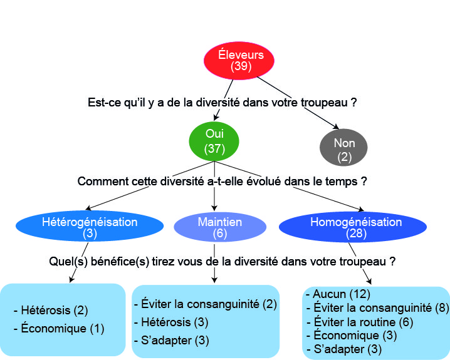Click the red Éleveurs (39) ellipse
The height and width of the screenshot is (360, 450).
pyautogui.click(x=241, y=60)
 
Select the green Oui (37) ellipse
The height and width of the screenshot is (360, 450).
pyautogui.click(x=214, y=141)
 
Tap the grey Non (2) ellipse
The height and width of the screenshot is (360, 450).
pyautogui.click(x=343, y=148)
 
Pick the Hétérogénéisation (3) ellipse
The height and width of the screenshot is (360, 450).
pyautogui.click(x=89, y=227)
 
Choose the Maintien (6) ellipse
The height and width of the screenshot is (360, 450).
pyautogui.click(x=219, y=227)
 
